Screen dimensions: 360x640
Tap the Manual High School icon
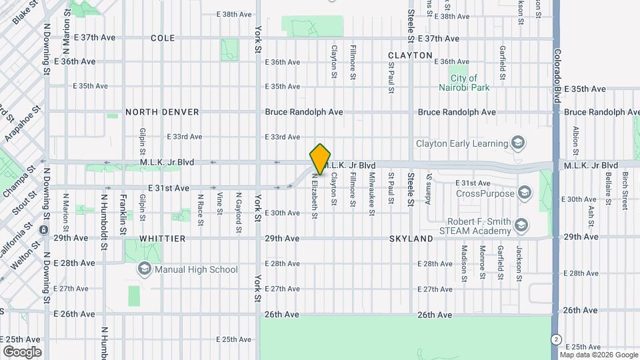click(x=143, y=269)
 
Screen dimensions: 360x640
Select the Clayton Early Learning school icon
click(x=517, y=143)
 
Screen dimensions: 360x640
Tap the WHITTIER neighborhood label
click(x=162, y=238)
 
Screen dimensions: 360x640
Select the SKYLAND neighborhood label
click(x=411, y=238)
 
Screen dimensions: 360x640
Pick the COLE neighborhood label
click(x=163, y=39)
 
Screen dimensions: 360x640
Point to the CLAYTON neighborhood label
click(x=410, y=55)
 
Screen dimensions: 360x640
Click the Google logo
click(x=21, y=352)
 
